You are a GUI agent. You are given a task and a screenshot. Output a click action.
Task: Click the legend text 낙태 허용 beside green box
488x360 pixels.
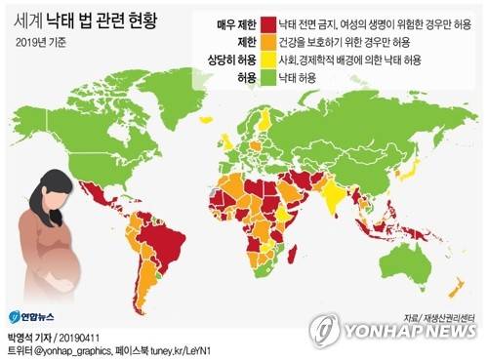(x=302, y=76)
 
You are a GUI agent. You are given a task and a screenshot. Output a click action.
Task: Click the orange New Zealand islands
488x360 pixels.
(x=454, y=288)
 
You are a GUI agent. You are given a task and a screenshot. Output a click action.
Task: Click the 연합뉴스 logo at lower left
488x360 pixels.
(x=28, y=315)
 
